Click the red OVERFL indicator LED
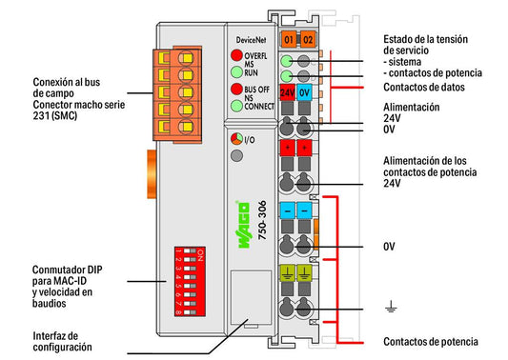236,55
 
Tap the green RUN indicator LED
236,71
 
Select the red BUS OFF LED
236,89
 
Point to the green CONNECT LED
236,106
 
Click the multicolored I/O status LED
236,139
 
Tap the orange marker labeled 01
289,40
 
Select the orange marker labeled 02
308,40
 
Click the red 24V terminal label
288,92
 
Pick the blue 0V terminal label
304,92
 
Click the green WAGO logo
244,225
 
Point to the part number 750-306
262,220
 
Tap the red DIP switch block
190,281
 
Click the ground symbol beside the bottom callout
392,307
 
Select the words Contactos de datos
424,87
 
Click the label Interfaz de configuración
62,341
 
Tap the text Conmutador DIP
67,270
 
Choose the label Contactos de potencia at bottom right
431,342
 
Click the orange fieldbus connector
177,94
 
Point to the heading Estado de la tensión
425,39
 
